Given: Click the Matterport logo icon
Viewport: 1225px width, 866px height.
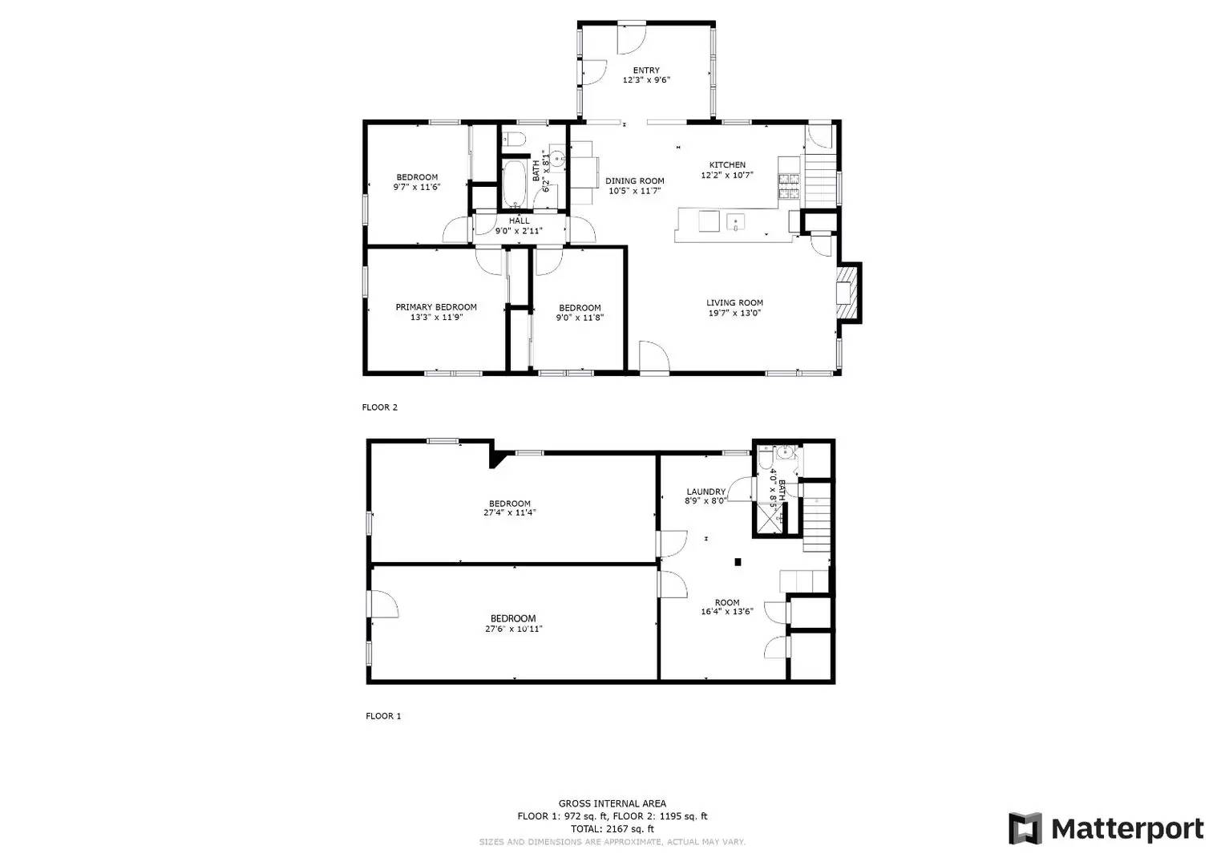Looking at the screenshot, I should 1025,828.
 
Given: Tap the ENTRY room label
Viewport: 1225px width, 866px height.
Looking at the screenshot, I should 646,71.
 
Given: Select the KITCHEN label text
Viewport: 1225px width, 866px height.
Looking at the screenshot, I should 727,165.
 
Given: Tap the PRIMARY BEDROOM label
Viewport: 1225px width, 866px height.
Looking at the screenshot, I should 436,307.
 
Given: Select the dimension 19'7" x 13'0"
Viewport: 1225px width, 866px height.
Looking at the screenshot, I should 734,314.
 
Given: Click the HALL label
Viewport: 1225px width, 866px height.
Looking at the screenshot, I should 519,221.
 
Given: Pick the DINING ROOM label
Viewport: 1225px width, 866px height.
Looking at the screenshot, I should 634,181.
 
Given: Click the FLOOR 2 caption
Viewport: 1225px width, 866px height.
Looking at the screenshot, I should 380,407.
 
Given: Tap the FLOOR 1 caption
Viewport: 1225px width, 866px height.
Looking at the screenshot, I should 383,716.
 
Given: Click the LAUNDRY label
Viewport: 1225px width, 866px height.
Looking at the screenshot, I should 705,492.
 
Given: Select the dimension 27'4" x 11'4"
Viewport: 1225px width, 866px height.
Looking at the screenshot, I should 510,512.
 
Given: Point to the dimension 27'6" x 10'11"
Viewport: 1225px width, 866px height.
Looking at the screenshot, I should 513,629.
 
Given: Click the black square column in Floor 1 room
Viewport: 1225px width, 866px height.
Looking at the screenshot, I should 738,562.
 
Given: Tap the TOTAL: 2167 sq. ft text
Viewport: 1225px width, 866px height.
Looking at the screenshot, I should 612,829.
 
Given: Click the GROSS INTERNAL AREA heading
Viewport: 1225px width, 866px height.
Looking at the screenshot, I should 612,803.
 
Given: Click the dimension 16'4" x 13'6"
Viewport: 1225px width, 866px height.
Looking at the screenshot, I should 727,611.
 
